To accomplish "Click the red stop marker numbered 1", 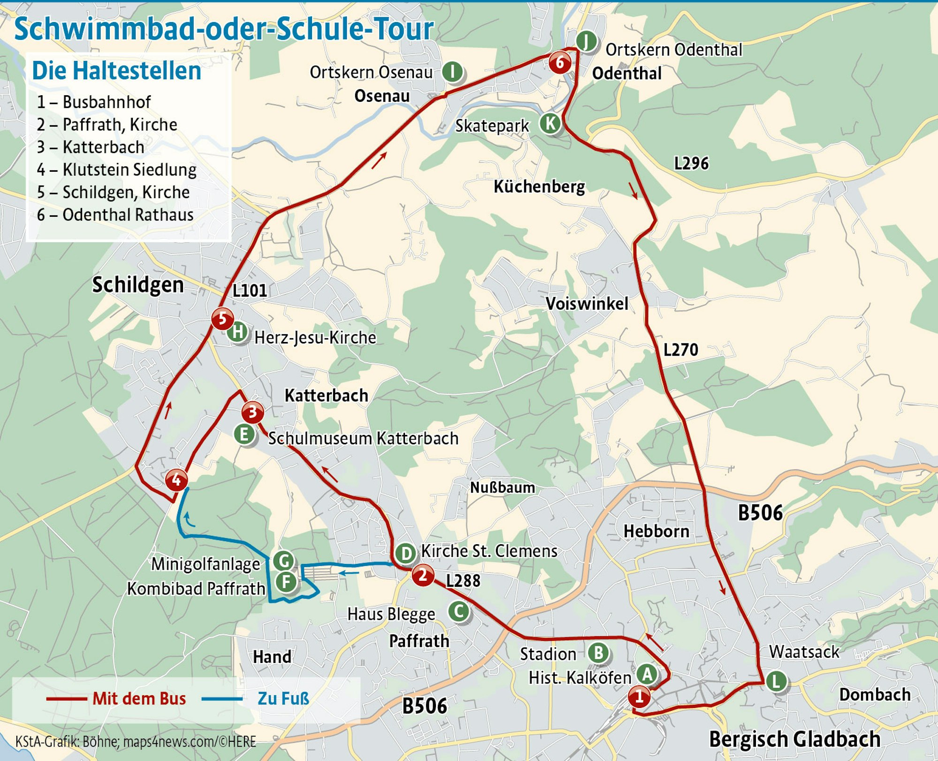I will (x=639, y=697).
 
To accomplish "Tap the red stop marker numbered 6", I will (x=560, y=62).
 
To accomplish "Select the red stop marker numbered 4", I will (x=176, y=480).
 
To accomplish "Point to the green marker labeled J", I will (x=586, y=41).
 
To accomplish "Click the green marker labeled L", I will (x=776, y=681).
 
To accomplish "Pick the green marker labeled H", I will (x=238, y=332).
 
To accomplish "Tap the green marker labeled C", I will (x=459, y=611).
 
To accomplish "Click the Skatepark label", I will (x=492, y=126).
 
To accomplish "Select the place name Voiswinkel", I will (x=587, y=304).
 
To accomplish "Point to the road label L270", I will (x=680, y=350).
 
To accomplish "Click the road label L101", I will (x=250, y=291).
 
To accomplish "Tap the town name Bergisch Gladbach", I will (x=794, y=739).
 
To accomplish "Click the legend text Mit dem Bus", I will (x=139, y=699).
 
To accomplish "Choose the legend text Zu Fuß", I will (x=283, y=699).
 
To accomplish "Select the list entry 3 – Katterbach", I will (x=91, y=147).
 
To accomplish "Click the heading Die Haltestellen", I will (x=116, y=71).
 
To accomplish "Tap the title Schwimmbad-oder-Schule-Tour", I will (x=224, y=29).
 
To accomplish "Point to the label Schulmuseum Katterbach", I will (x=363, y=439).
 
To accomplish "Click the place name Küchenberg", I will (x=539, y=187).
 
